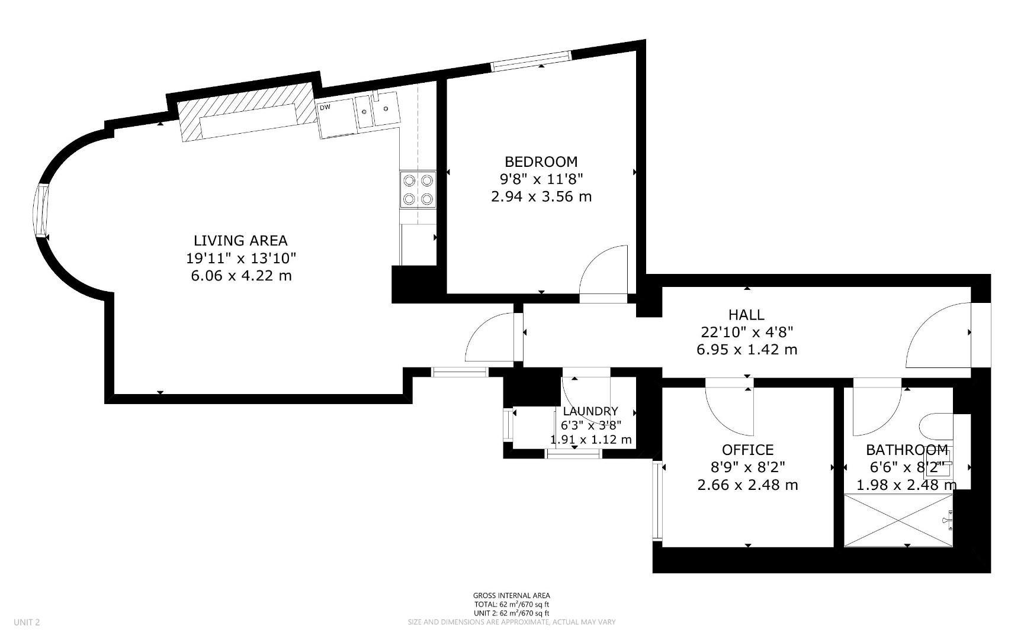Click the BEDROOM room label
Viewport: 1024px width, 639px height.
tap(541, 162)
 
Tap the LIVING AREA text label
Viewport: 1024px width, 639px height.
tap(240, 241)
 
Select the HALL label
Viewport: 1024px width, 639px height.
tap(746, 315)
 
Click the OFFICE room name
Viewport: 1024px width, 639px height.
tap(747, 450)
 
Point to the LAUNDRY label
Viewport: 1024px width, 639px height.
tap(590, 411)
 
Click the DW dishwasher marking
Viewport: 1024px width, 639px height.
tap(325, 108)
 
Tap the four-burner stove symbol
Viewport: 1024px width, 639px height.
tap(418, 189)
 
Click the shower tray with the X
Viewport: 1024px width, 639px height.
tap(898, 520)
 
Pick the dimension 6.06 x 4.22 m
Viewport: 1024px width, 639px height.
tap(241, 276)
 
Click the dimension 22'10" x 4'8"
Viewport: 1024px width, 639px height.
tap(746, 332)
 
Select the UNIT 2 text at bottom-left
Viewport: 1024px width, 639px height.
tap(27, 622)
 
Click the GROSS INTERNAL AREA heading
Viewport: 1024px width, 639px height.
tap(511, 595)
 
